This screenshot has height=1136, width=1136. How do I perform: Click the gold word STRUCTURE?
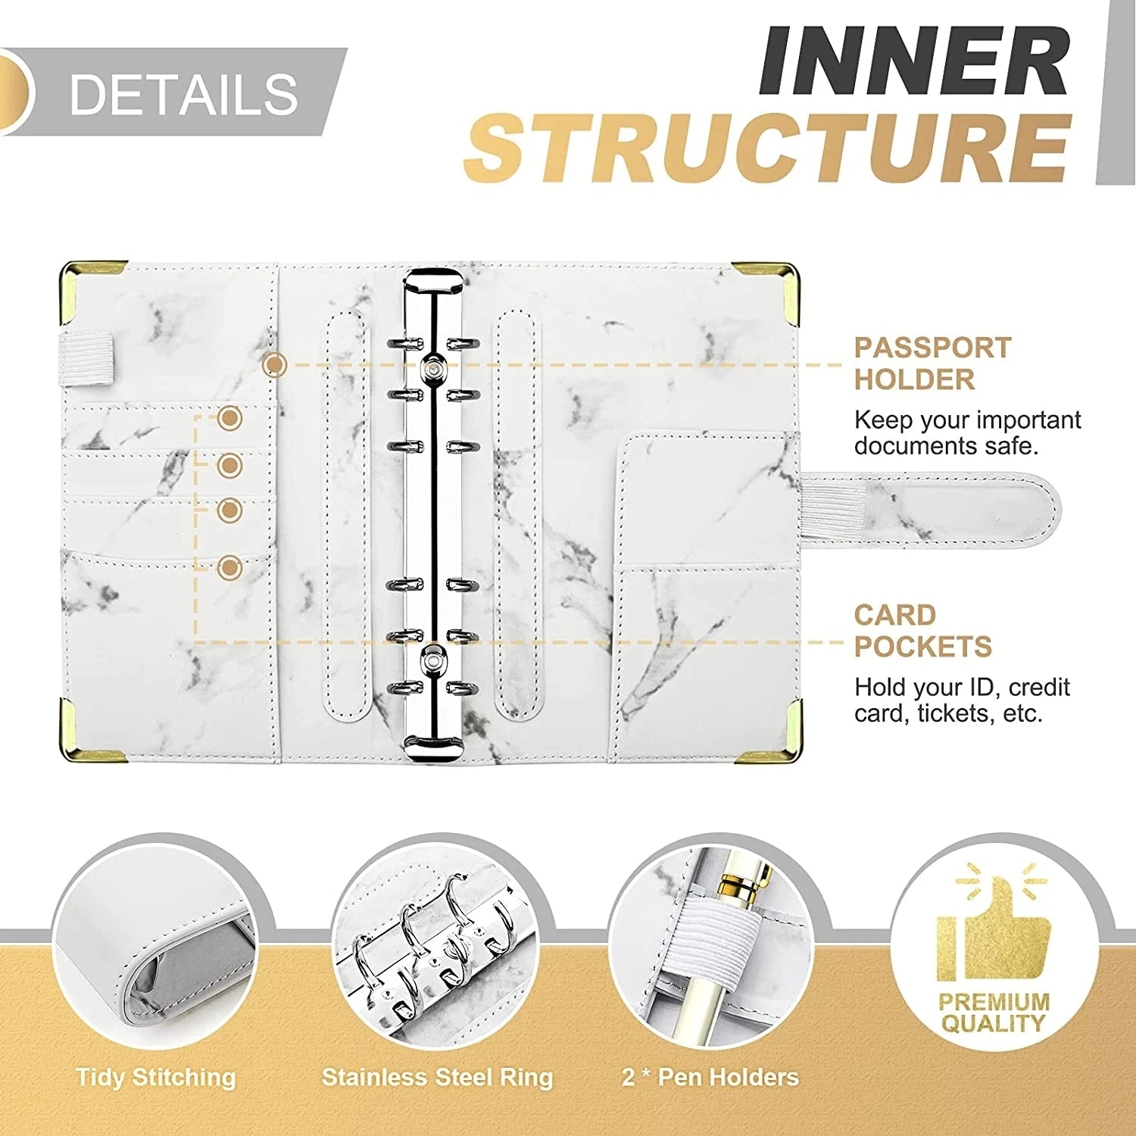pos(766,148)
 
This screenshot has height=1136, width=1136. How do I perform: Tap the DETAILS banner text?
pos(183,94)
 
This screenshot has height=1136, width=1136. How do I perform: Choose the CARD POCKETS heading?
pos(922,631)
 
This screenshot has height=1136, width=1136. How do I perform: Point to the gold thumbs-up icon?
pos(993,930)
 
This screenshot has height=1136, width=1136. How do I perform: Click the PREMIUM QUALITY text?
pos(994,1013)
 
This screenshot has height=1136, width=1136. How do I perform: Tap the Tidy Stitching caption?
pos(156,1077)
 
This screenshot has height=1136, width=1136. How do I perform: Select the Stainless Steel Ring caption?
pos(437,1077)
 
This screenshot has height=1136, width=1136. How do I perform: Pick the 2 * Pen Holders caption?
pos(710,1077)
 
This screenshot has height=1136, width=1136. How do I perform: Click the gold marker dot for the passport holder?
pos(274,366)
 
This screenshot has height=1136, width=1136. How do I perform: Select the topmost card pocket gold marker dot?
pos(229,418)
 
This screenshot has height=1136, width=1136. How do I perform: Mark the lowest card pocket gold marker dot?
pos(229,567)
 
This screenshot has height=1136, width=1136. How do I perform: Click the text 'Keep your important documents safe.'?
pos(967,432)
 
